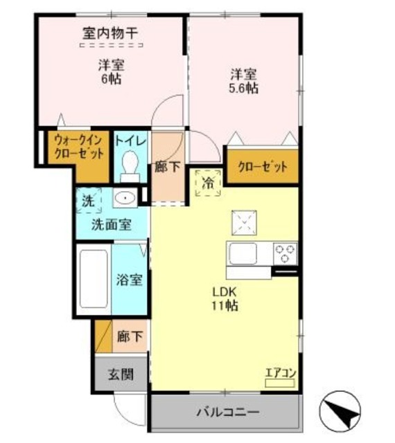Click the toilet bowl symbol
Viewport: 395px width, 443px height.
point(130,167)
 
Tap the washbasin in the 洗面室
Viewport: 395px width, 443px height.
point(125,198)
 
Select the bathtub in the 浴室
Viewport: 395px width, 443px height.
point(94,279)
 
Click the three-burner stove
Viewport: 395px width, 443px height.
point(286,253)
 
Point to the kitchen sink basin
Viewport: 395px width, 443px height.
point(243,253)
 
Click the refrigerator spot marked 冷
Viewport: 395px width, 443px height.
point(208,183)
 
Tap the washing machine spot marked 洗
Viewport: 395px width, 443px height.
point(88,201)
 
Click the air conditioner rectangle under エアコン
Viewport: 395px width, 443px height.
point(279,383)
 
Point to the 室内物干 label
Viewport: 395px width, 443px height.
point(110,33)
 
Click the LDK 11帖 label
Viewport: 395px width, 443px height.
point(225,298)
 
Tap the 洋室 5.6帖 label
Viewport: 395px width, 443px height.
point(244,82)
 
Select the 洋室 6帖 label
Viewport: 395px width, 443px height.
point(111,72)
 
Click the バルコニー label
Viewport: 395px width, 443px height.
point(227,412)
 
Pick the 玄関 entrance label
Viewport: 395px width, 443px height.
point(121,375)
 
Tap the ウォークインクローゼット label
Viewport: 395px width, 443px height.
point(79,147)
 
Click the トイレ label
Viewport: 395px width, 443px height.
point(130,141)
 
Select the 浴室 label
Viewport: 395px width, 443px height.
point(130,280)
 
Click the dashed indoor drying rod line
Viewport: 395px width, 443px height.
point(111,44)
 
